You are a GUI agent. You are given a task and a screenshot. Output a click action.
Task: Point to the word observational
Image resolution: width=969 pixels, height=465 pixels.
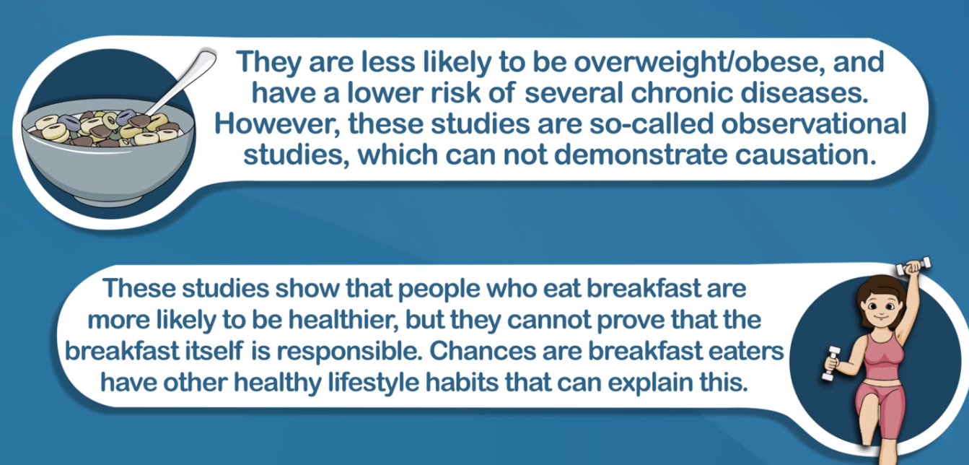pos(813,123)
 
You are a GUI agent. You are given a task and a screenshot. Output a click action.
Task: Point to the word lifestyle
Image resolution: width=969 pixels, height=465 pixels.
pos(373,383)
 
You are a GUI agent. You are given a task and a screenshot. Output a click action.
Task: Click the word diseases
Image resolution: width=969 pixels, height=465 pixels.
pos(804,93)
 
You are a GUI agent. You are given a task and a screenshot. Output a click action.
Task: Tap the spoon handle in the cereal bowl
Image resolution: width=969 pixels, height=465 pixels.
pos(184,82)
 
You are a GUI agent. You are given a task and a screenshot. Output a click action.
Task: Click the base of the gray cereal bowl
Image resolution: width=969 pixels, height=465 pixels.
pos(108,201)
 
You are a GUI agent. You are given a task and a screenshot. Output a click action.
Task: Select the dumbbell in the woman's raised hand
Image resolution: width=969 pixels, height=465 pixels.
pos(913,266)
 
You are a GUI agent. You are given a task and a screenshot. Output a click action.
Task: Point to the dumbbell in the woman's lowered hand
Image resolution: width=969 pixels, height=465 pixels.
pos(830,364)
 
